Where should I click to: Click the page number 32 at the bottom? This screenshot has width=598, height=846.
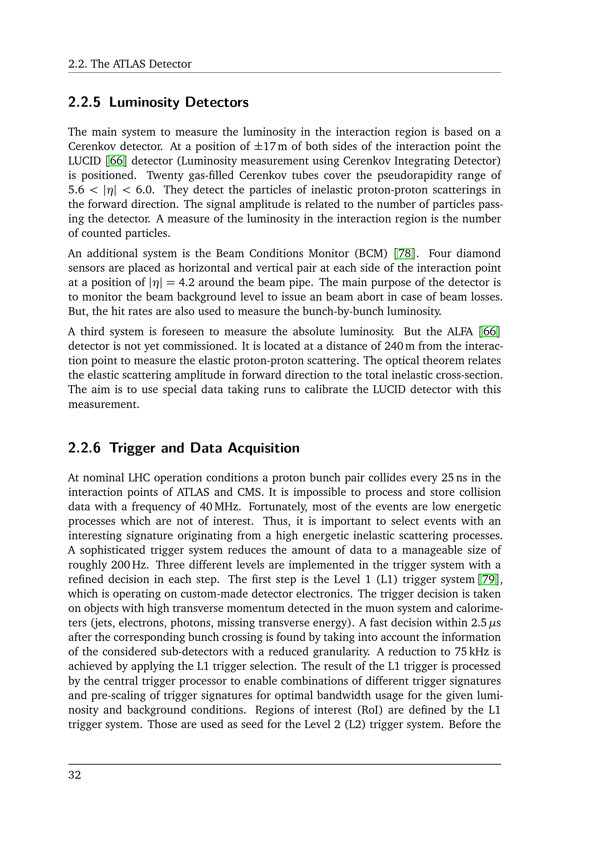pos(74,775)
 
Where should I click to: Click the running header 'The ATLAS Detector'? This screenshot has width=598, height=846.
pos(141,64)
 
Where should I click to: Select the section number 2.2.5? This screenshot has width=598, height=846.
pos(84,102)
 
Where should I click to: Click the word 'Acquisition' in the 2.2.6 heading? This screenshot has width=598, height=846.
pos(264,448)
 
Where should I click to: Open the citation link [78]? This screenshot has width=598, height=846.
pos(405,254)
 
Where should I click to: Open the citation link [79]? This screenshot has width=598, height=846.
pos(489,579)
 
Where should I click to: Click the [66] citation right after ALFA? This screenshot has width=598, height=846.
pos(490,332)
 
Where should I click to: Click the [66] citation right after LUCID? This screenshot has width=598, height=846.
pos(116,161)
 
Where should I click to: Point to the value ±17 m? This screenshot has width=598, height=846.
pos(270,146)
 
